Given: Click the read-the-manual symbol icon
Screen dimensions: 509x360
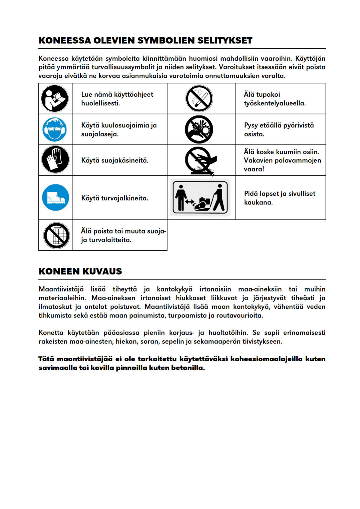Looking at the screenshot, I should tap(55, 99).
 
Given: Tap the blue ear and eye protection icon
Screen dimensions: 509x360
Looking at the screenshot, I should tap(55, 130).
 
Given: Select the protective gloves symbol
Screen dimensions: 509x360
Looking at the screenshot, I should tap(55, 160).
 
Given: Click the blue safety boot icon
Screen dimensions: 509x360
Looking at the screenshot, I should tap(56, 198).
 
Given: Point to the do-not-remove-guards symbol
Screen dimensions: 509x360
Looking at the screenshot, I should tap(56, 236).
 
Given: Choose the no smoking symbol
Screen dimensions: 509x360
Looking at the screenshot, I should tap(199, 98).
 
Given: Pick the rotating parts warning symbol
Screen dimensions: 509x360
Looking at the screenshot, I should tap(199, 129).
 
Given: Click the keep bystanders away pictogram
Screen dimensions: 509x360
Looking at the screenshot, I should tap(200, 197).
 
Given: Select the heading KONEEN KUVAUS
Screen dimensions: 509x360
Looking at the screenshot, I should tap(80, 271).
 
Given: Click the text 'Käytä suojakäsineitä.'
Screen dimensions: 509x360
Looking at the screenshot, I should tap(115, 160).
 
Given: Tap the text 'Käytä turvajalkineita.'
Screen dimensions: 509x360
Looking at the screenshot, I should tap(115, 198).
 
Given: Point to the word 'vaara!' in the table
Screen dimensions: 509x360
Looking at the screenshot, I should tap(254, 169).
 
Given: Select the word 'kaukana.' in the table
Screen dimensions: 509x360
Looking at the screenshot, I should tap(259, 202).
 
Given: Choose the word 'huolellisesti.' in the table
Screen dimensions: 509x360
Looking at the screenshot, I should tap(101, 103).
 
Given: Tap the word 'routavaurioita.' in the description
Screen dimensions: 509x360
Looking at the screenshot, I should tap(240, 316).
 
